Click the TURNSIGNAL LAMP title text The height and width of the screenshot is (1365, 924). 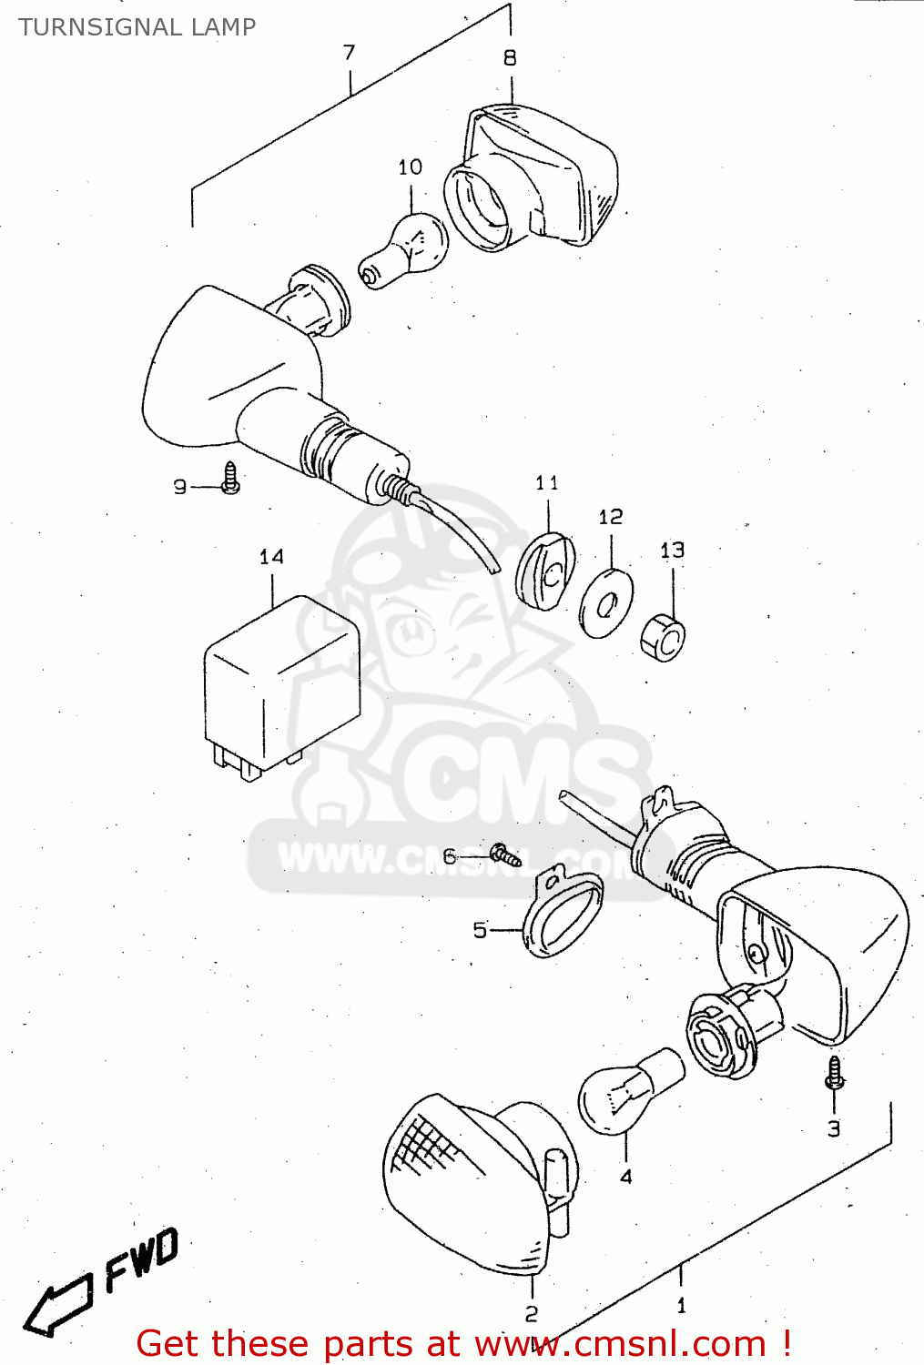(x=137, y=27)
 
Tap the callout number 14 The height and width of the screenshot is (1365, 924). (x=271, y=557)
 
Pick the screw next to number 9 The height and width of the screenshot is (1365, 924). (x=231, y=479)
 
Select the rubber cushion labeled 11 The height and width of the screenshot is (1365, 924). (x=545, y=571)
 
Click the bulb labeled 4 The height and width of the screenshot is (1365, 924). (x=628, y=1093)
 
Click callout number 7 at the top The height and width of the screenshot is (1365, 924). (x=350, y=53)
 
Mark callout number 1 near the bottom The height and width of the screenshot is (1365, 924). (x=682, y=1306)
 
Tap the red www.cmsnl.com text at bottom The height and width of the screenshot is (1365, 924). (x=619, y=1344)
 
